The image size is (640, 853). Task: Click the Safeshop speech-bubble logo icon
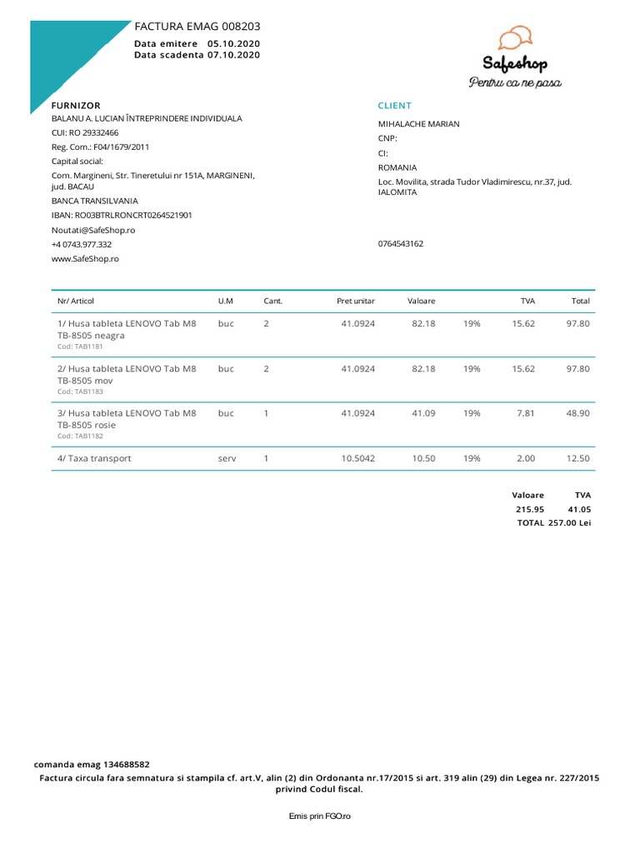pos(514,38)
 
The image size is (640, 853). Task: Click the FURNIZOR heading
pos(76,106)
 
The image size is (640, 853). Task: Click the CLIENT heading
pos(394,106)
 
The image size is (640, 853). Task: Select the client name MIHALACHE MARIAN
pos(418,124)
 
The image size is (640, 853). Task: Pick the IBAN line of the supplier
pos(122,215)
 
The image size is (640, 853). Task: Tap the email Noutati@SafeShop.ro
pos(93,230)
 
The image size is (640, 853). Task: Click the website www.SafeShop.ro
pos(85,258)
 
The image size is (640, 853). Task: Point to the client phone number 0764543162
pos(401,244)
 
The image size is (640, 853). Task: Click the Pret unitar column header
pos(356,301)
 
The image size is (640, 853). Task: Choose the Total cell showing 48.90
pos(578,413)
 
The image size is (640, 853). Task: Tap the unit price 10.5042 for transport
pos(358,458)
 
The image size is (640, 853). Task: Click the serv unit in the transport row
pos(227,458)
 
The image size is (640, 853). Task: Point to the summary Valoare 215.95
pos(528,508)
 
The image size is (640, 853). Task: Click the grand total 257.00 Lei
pos(569,522)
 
